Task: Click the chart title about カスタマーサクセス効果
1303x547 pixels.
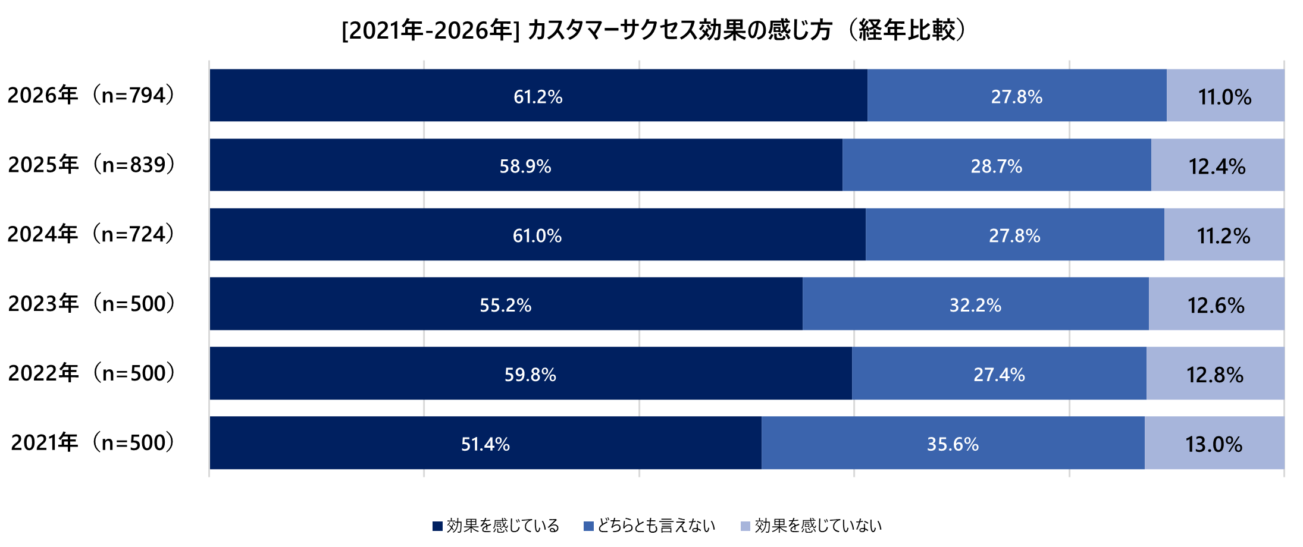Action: (x=655, y=30)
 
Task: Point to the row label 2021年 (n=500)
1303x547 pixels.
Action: (x=92, y=443)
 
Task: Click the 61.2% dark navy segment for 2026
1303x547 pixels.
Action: (x=538, y=96)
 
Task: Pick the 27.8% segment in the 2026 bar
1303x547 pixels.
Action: (x=1016, y=96)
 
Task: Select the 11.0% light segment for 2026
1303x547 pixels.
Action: (x=1225, y=96)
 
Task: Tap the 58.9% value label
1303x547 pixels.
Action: (x=525, y=166)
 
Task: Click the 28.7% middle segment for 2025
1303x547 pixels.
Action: (x=997, y=166)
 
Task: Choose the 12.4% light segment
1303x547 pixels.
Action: (x=1217, y=166)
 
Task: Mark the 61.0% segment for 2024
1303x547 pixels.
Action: (x=537, y=235)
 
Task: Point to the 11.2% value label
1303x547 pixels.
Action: (x=1224, y=236)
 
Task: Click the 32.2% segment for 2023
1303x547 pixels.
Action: (x=975, y=305)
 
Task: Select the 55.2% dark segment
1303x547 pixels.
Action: (x=506, y=305)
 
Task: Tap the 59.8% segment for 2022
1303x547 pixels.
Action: (x=530, y=375)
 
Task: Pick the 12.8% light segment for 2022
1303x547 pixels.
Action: (x=1215, y=375)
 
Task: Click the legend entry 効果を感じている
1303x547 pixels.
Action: (x=496, y=526)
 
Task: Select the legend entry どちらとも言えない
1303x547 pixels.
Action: (x=650, y=526)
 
